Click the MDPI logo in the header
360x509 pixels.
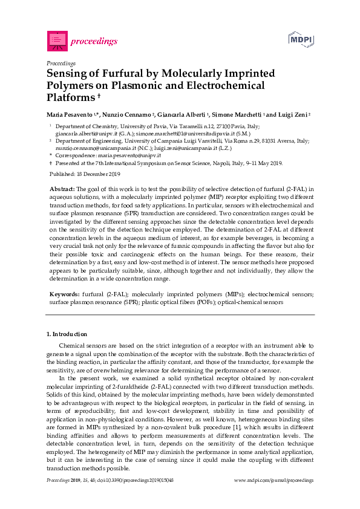[x=302, y=39]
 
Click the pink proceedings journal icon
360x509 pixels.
[x=57, y=41]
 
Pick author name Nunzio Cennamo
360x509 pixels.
[x=134, y=114]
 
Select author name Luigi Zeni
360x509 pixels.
[x=293, y=114]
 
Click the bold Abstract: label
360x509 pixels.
[x=62, y=189]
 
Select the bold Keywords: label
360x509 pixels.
[x=64, y=294]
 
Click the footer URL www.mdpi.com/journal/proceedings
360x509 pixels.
[x=273, y=480]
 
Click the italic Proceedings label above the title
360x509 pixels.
[x=61, y=63]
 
